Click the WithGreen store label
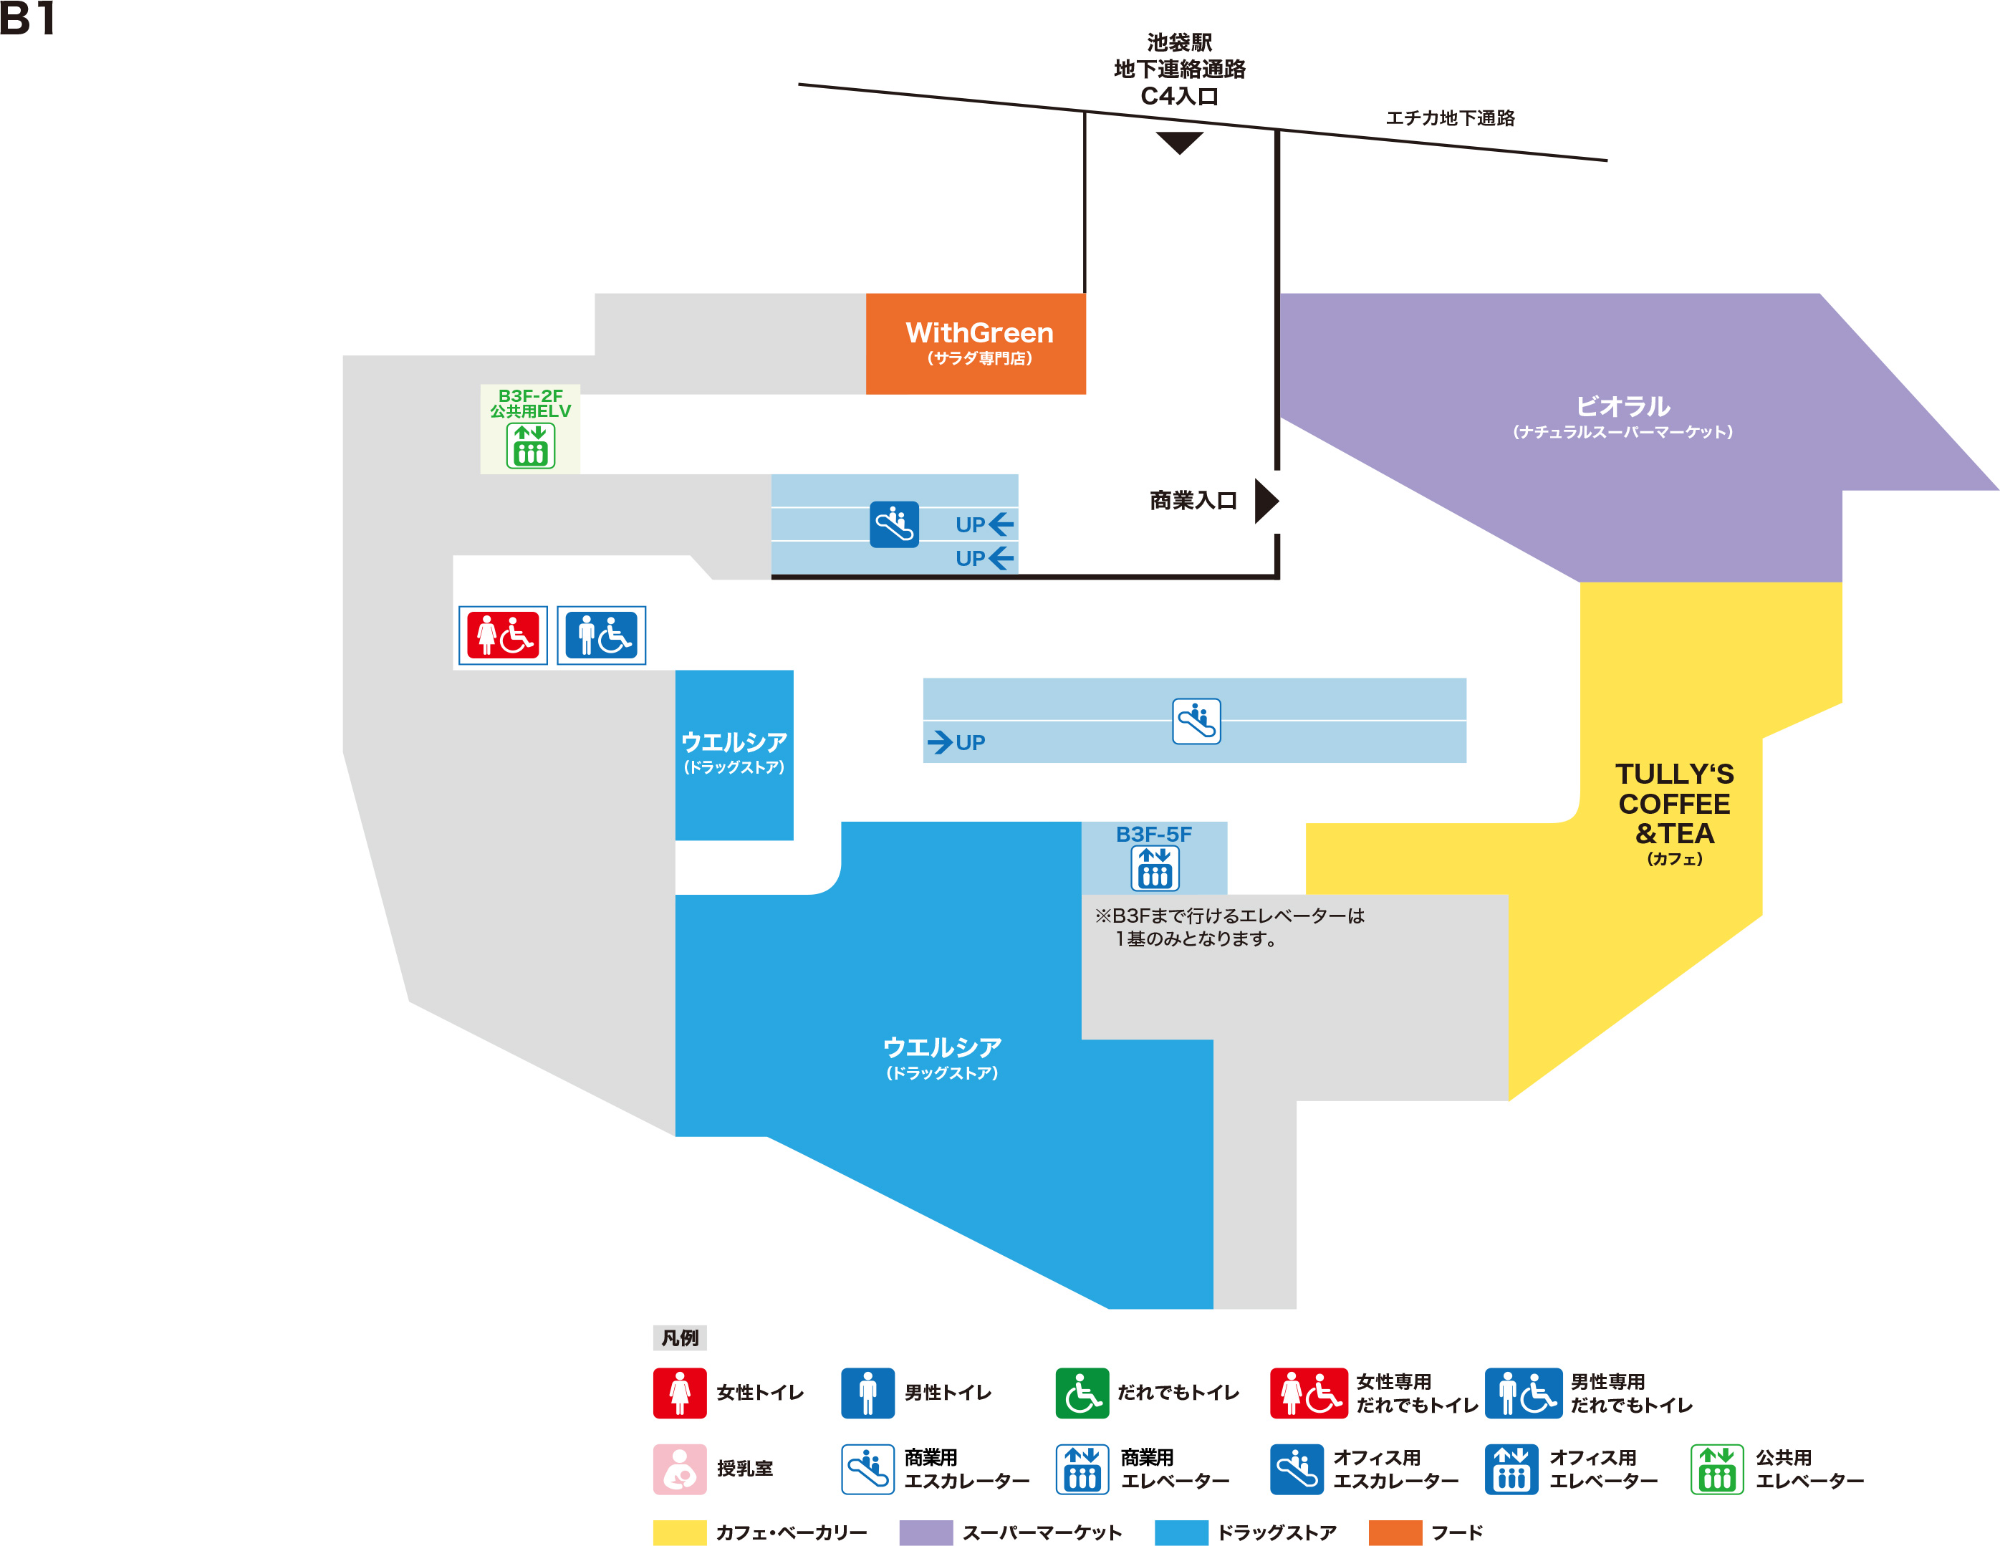click(x=979, y=333)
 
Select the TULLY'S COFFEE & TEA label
click(x=1674, y=804)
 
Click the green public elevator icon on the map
click(x=530, y=446)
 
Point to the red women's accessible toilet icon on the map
click(x=503, y=635)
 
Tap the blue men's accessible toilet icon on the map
click(x=601, y=635)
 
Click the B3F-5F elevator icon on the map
click(x=1155, y=868)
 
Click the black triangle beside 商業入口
click(x=1266, y=501)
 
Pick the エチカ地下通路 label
click(x=1450, y=118)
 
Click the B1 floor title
click(x=27, y=19)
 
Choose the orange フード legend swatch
click(x=1395, y=1532)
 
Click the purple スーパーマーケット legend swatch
click(x=926, y=1532)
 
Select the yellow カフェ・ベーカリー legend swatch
click(x=680, y=1532)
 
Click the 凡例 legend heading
click(x=680, y=1338)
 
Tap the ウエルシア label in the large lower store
click(x=941, y=1047)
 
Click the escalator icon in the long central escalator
click(x=1196, y=721)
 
